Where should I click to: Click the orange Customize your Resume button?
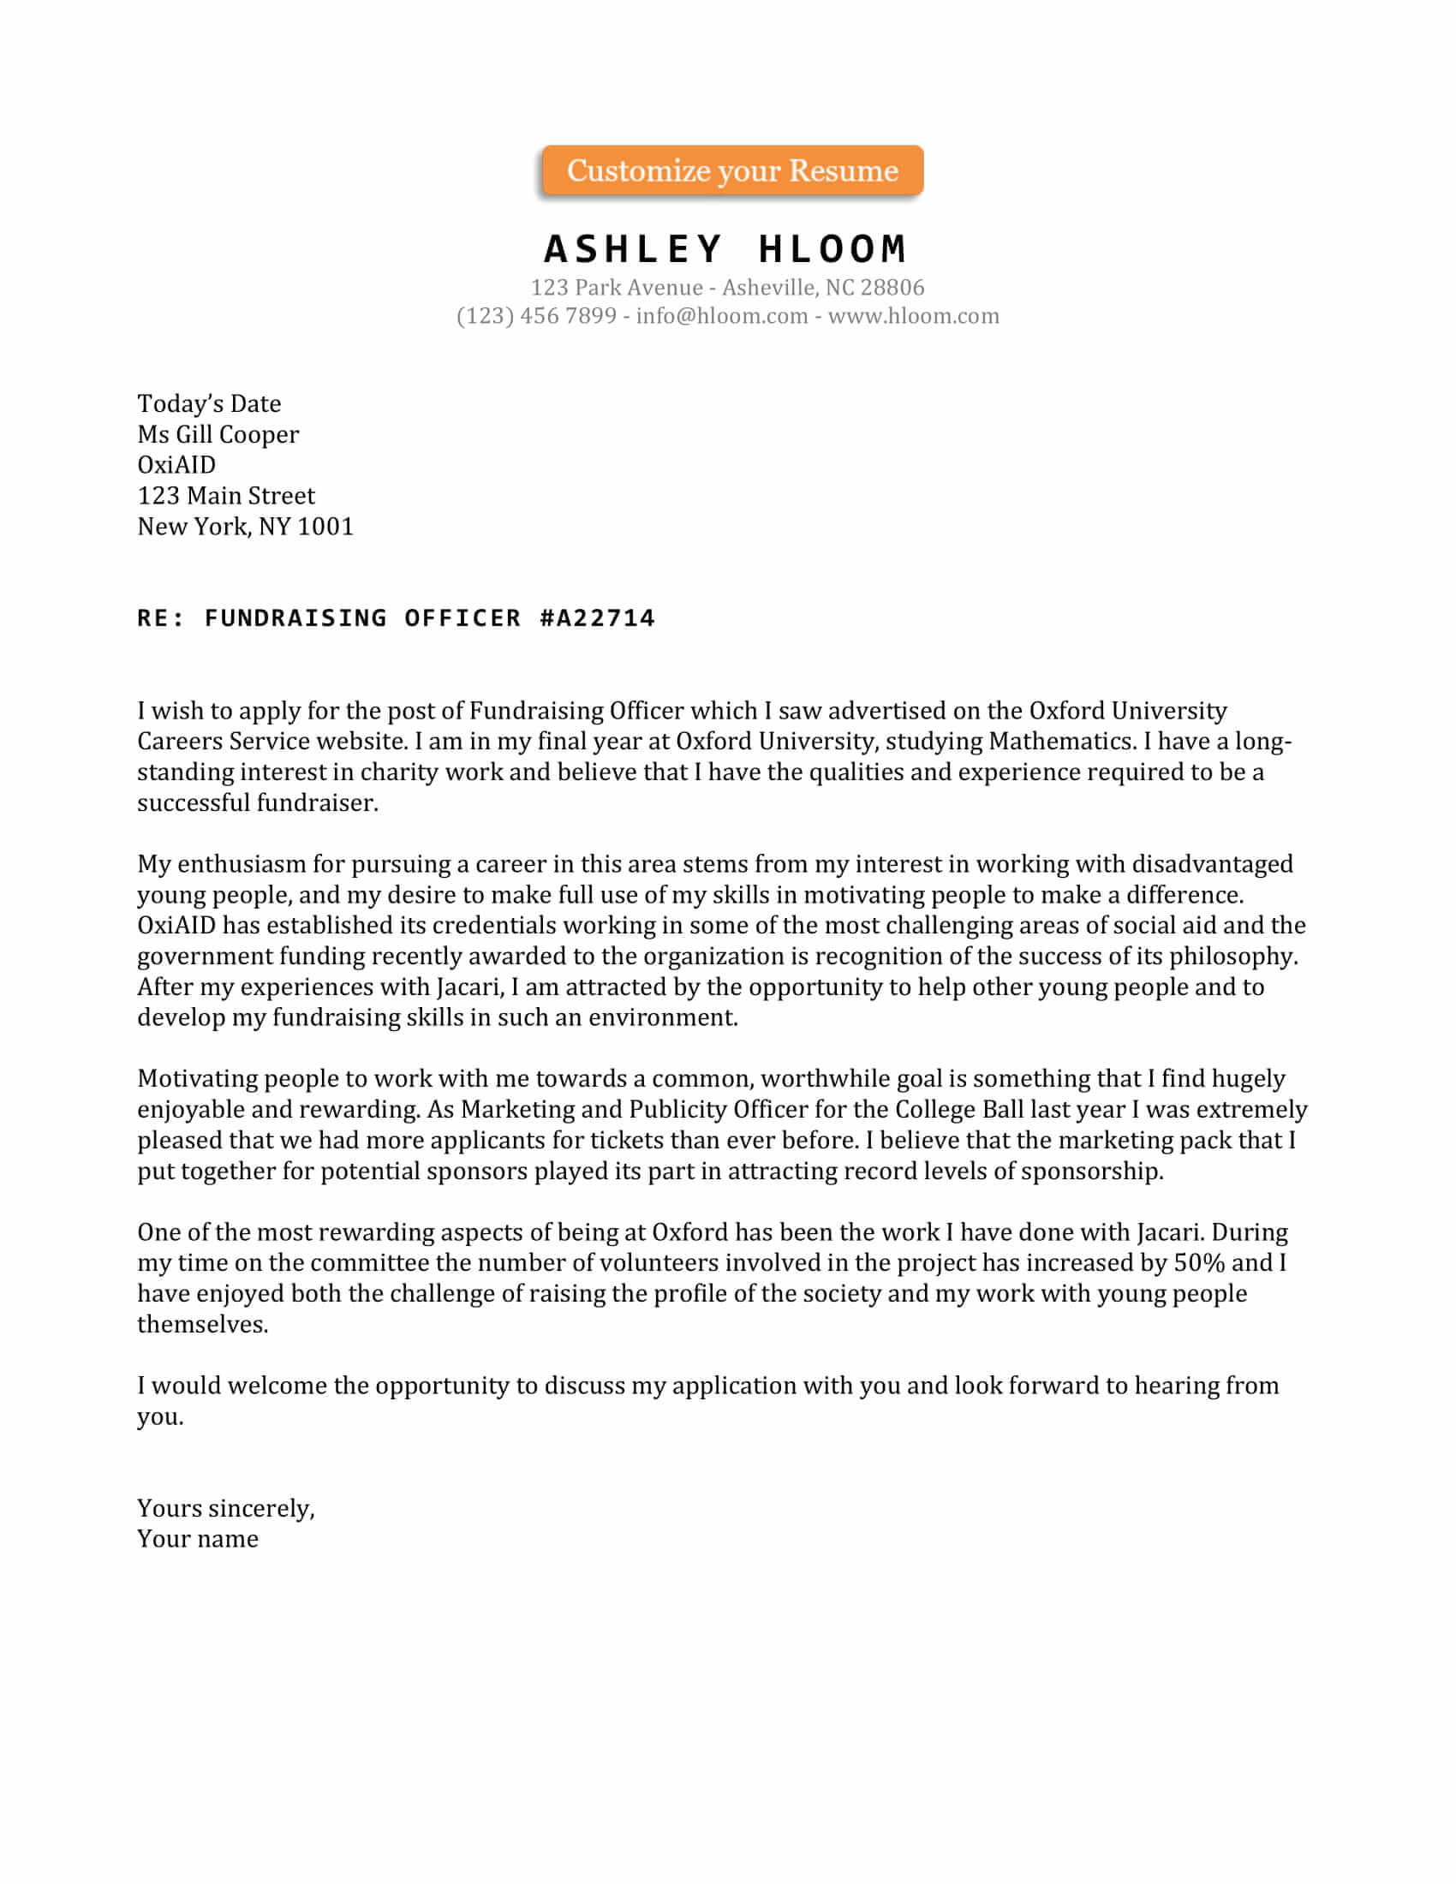731,170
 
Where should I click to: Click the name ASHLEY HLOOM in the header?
725,249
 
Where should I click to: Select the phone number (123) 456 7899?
535,316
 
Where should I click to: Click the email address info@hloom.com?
721,316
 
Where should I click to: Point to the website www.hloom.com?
914,316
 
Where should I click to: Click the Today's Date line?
209,403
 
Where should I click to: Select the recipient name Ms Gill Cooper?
218,434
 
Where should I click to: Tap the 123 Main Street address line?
226,496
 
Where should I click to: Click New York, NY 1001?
245,526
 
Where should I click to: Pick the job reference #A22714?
597,617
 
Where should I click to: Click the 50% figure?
1199,1263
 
